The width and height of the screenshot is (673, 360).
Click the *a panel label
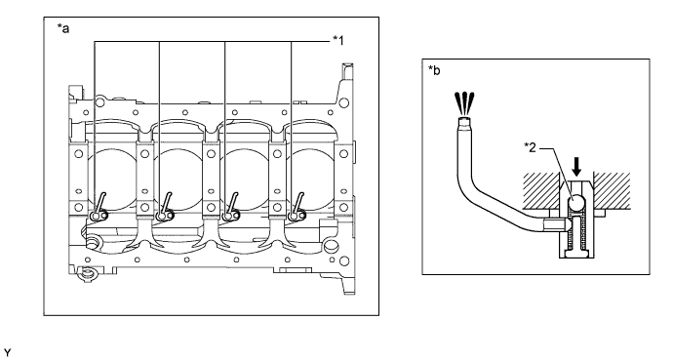click(63, 28)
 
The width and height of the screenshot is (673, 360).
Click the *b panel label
click(434, 70)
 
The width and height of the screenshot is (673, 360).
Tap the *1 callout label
click(337, 40)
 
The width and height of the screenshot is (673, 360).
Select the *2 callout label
click(530, 147)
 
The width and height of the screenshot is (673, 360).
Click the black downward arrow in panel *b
click(576, 167)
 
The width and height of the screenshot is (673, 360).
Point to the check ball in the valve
click(576, 201)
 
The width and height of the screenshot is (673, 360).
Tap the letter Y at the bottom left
click(7, 353)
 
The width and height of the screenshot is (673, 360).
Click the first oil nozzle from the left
click(99, 208)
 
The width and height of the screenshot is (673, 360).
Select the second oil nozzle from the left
click(165, 208)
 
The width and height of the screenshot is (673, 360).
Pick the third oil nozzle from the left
click(231, 208)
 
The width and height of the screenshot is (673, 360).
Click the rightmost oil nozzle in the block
click(297, 208)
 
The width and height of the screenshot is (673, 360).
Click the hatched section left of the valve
click(540, 191)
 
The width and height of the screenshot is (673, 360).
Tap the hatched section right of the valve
click(613, 191)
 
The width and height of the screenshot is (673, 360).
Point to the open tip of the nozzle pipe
click(464, 121)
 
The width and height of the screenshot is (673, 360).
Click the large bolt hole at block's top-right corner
click(343, 102)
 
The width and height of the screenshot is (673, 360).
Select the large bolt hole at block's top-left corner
click(99, 102)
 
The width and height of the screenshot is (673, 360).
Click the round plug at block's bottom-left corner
click(87, 272)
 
